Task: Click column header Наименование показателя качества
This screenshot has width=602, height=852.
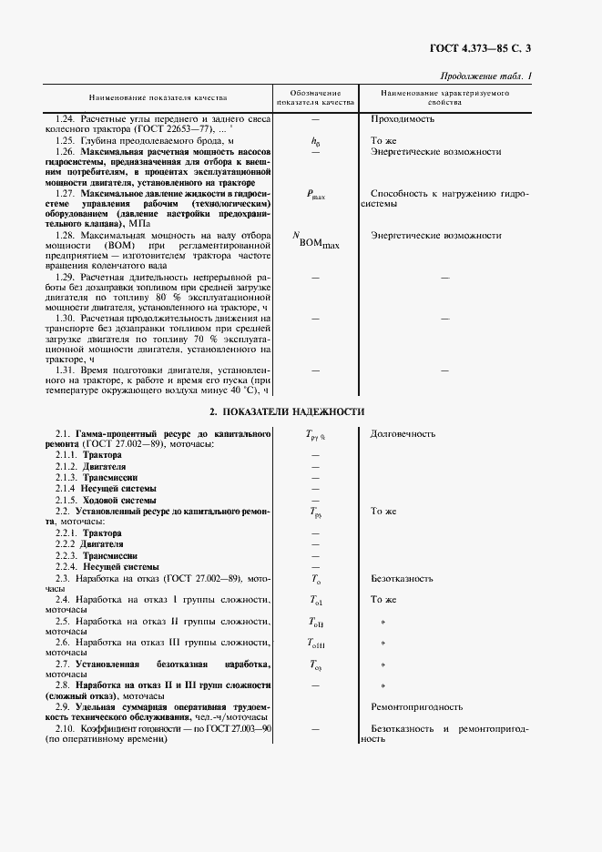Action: [158, 98]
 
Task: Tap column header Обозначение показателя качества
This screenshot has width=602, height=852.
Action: [315, 98]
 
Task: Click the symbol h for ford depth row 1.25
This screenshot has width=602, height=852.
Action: [315, 142]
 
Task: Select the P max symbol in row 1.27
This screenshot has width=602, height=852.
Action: [315, 195]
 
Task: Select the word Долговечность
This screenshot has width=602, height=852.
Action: [403, 434]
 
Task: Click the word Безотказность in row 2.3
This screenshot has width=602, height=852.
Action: [402, 578]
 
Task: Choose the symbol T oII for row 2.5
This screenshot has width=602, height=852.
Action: [316, 622]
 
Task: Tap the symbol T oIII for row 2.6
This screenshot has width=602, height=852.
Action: [316, 643]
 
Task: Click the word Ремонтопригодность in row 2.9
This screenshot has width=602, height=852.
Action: [416, 706]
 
